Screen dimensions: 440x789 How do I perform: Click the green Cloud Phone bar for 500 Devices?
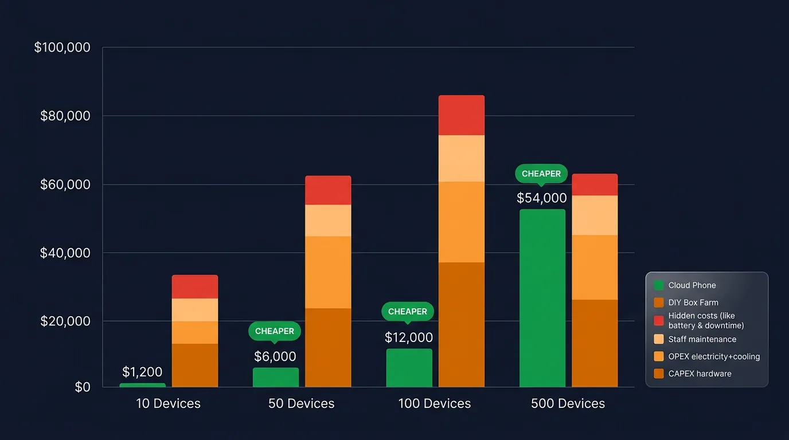click(542, 298)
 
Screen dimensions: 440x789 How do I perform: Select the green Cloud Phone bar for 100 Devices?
click(409, 368)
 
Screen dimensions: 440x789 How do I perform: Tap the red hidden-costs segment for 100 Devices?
click(462, 115)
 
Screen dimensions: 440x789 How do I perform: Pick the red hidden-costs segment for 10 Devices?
click(195, 286)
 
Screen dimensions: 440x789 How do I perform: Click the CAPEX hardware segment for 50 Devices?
click(328, 348)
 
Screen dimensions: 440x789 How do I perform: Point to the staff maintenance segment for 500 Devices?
click(595, 215)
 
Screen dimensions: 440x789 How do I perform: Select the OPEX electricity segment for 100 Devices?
click(462, 222)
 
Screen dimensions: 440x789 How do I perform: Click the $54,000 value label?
click(541, 198)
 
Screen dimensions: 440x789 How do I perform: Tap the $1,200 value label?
click(142, 372)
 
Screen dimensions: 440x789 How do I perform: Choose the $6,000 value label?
click(275, 356)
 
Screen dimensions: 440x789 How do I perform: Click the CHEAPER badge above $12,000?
click(408, 312)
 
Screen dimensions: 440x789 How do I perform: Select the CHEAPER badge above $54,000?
click(541, 174)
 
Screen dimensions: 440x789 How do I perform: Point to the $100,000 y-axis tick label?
click(63, 48)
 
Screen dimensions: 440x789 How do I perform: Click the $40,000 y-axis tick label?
click(65, 253)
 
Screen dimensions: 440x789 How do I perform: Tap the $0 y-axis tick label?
click(83, 387)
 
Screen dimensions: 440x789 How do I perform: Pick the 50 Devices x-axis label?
click(302, 404)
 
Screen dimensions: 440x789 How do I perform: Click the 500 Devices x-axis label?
click(568, 404)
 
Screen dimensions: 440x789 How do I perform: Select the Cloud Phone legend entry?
click(692, 285)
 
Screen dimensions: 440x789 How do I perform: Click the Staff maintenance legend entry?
click(702, 339)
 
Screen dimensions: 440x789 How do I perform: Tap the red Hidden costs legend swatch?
click(658, 320)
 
